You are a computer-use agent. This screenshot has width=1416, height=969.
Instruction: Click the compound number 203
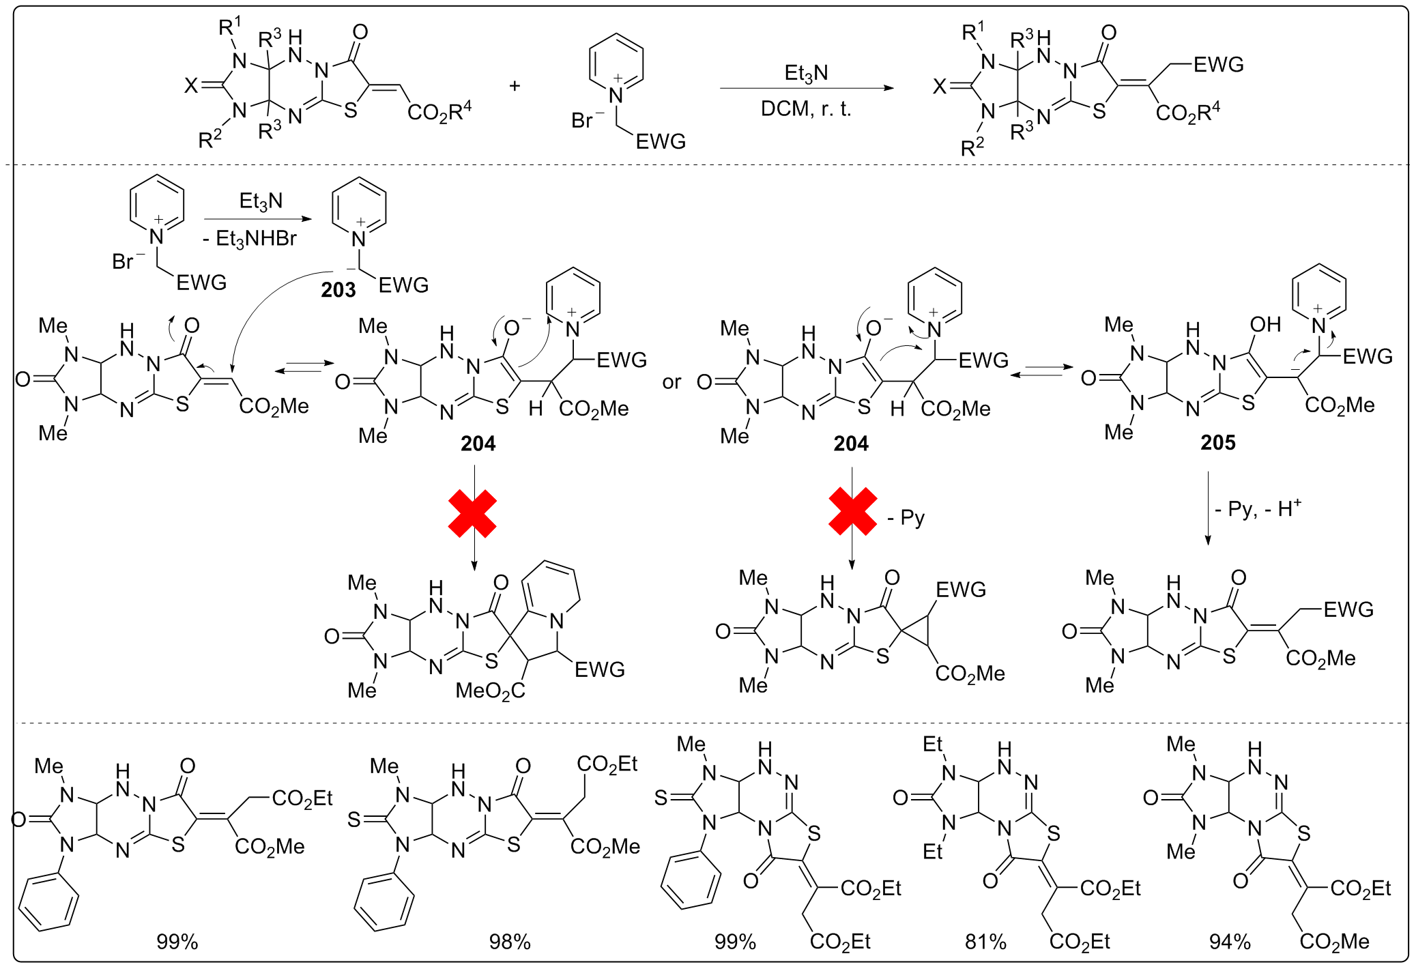pos(338,290)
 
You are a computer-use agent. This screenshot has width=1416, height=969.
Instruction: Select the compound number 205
pos(1217,443)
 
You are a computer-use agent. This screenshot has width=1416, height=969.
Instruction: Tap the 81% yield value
pos(985,942)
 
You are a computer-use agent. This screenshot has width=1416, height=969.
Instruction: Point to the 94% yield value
pos(1230,942)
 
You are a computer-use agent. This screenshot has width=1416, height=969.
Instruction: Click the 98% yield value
pos(509,942)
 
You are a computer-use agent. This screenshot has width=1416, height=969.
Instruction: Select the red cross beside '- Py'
pos(852,511)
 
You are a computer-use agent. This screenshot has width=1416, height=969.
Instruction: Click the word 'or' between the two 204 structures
pos(671,382)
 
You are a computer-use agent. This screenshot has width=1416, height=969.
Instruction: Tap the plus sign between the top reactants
pos(515,86)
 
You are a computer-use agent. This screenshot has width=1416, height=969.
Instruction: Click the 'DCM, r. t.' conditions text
pos(806,109)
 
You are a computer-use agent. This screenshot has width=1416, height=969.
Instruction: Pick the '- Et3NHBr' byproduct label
pos(250,239)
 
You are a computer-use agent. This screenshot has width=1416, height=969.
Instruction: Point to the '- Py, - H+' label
pos(1258,509)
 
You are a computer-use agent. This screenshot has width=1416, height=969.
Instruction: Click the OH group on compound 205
pos(1265,325)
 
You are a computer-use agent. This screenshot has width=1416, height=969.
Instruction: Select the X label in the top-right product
pos(940,86)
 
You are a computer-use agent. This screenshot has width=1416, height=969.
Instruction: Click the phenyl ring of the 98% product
pos(384,902)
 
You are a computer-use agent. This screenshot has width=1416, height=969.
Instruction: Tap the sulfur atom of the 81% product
pos(1054,833)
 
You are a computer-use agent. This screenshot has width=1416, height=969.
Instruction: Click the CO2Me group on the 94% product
pos(1334,942)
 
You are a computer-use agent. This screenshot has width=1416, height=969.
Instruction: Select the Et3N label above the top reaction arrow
pos(806,73)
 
